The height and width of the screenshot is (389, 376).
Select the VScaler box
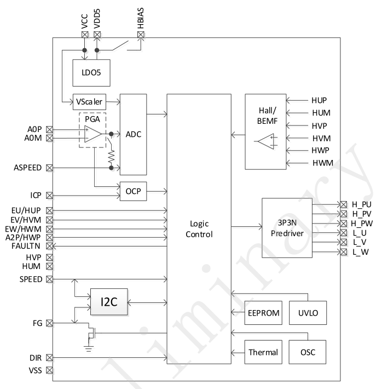[x=89, y=101]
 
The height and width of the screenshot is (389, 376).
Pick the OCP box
[x=134, y=191]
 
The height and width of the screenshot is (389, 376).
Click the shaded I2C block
[x=109, y=301]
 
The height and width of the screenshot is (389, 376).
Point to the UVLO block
[x=308, y=313]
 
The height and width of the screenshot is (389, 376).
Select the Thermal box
[x=263, y=352]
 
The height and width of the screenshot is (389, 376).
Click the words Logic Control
[x=198, y=229]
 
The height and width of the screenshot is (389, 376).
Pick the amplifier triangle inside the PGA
[x=92, y=134]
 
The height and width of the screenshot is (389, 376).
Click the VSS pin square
[x=49, y=370]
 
